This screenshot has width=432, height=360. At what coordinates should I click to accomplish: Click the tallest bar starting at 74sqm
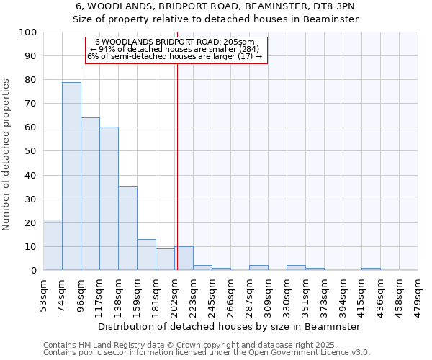click(x=71, y=176)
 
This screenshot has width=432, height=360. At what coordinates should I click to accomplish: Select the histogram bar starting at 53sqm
click(x=53, y=245)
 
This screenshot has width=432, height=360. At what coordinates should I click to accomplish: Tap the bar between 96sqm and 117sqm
click(x=90, y=194)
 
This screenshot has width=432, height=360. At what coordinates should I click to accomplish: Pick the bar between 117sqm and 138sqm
click(x=109, y=199)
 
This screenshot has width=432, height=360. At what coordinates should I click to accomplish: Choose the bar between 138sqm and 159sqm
click(x=127, y=228)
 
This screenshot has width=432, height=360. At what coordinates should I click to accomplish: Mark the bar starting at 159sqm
click(x=146, y=255)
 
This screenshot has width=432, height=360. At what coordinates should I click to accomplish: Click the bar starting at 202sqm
click(x=184, y=258)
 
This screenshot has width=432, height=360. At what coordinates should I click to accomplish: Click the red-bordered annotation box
click(x=176, y=50)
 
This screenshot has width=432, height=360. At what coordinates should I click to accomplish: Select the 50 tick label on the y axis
click(x=30, y=151)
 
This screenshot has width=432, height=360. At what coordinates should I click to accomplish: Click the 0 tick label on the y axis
click(x=33, y=271)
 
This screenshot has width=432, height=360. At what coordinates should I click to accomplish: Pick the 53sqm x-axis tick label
click(x=43, y=294)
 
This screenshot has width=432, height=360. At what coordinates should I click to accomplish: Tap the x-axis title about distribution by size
click(x=230, y=326)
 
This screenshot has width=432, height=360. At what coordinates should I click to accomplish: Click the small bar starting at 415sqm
click(x=371, y=269)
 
